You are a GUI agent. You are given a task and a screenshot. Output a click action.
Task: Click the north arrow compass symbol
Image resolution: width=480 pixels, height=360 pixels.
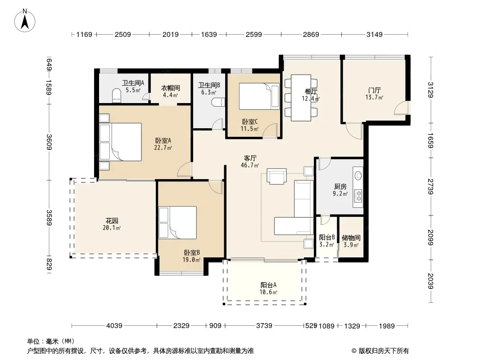25,20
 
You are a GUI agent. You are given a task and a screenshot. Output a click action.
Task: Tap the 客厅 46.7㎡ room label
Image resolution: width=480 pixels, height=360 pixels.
250,162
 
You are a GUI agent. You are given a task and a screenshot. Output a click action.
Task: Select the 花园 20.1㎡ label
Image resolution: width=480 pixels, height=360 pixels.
112,224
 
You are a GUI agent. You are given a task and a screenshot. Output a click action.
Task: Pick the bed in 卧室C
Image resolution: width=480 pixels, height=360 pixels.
259,96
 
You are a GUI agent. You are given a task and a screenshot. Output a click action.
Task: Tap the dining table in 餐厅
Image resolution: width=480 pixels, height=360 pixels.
301,98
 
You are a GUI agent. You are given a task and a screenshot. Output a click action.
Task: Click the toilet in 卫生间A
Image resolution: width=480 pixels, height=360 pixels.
117,95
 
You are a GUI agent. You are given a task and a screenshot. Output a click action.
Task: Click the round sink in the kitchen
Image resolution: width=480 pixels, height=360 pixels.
358,175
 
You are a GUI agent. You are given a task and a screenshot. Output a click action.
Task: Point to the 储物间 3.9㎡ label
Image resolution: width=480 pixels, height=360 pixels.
351,241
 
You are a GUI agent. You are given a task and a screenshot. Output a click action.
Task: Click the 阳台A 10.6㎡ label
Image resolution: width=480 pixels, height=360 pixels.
268,288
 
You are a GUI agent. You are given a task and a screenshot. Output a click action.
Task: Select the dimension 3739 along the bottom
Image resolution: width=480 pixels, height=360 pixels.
264,326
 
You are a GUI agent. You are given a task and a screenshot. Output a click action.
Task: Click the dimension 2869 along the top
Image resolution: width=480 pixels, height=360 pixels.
311,35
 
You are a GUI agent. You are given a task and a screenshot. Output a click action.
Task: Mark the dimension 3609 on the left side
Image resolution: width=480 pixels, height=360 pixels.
49,142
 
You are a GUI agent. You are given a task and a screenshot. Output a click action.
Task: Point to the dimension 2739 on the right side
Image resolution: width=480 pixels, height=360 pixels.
430,187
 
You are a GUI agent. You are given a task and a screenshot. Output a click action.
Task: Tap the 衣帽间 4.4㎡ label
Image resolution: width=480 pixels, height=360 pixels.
171,91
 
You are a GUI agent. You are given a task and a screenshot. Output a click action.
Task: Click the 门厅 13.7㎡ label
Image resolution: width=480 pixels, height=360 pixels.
374,94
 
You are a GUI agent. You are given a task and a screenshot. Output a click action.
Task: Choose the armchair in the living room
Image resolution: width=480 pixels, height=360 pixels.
277,176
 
